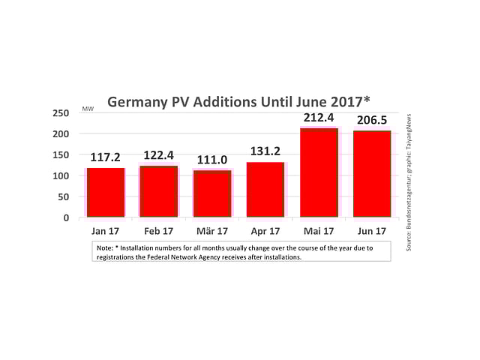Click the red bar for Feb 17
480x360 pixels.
click(159, 191)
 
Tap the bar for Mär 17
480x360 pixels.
click(212, 193)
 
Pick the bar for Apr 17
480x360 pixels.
click(265, 190)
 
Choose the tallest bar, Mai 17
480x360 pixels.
click(319, 172)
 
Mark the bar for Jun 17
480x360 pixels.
click(372, 174)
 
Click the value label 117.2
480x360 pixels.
click(106, 158)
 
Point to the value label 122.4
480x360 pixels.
click(159, 154)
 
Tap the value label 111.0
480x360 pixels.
click(212, 160)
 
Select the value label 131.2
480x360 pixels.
click(265, 151)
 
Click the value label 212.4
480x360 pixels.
click(319, 117)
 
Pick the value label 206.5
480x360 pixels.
click(372, 120)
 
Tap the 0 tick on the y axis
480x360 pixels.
click(66, 217)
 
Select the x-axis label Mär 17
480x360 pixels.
click(212, 232)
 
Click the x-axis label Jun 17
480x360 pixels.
click(372, 232)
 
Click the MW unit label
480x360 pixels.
click(87, 110)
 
